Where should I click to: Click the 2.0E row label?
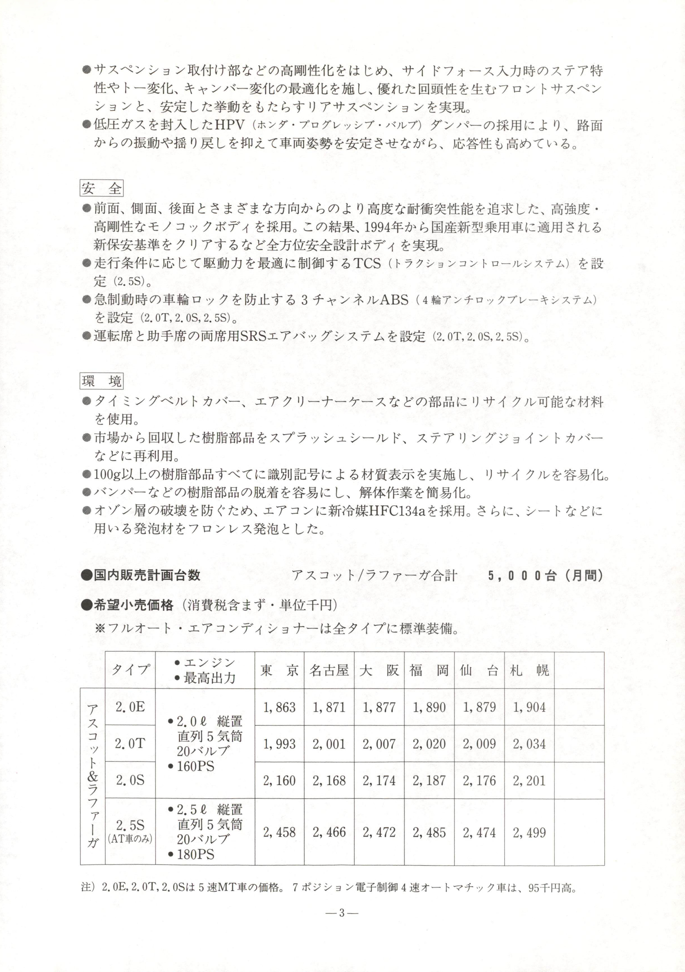click(x=130, y=707)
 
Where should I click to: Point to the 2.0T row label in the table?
click(x=130, y=743)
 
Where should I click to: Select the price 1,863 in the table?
click(x=279, y=707)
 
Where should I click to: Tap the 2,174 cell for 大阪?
click(x=379, y=780)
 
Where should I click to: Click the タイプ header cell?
click(x=130, y=670)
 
